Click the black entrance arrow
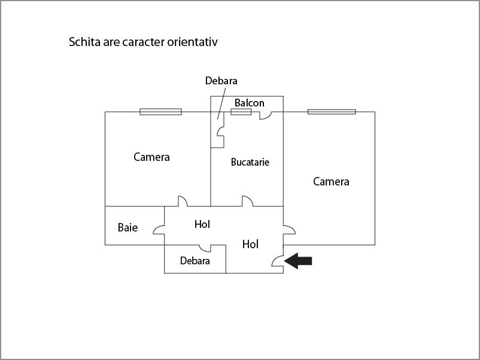pyautogui.click(x=298, y=261)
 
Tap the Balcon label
pyautogui.click(x=250, y=103)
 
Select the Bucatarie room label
pyautogui.click(x=250, y=162)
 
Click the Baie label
pyautogui.click(x=127, y=227)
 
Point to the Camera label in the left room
pyautogui.click(x=151, y=157)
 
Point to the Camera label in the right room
pyautogui.click(x=331, y=181)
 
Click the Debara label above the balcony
pyautogui.click(x=221, y=81)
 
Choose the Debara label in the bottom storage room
pyautogui.click(x=195, y=261)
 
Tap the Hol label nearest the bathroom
pyautogui.click(x=202, y=224)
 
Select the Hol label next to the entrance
pyautogui.click(x=250, y=244)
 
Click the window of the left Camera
pyautogui.click(x=161, y=112)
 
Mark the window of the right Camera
pyautogui.click(x=332, y=112)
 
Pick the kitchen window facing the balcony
pyautogui.click(x=241, y=112)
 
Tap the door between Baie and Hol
pyautogui.click(x=159, y=230)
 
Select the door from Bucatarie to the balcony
pyautogui.click(x=266, y=115)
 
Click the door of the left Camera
pyautogui.click(x=183, y=201)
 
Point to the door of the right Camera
pyautogui.click(x=289, y=230)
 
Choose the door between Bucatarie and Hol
pyautogui.click(x=248, y=201)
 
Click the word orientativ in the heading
pyautogui.click(x=192, y=42)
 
